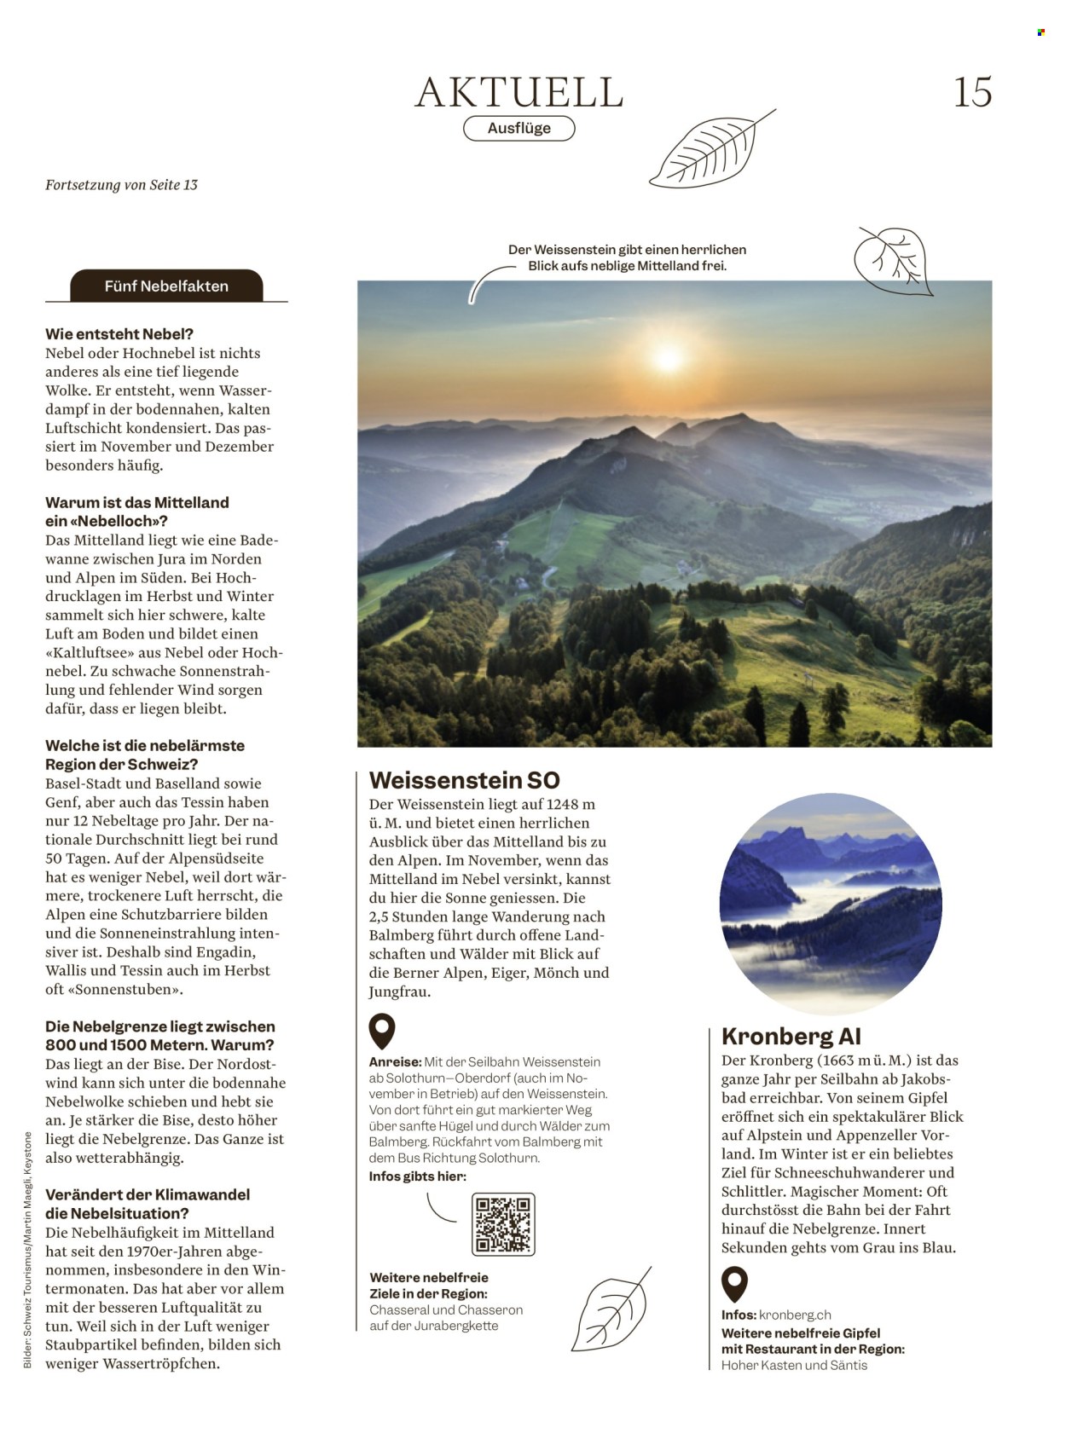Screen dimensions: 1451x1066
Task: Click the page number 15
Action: point(972,92)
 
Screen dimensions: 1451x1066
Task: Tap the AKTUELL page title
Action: point(519,92)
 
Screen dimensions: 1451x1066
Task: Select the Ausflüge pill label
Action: point(519,129)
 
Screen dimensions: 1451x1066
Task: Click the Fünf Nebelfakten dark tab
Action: point(166,286)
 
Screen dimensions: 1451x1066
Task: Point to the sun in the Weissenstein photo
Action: point(668,358)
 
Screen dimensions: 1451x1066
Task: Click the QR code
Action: point(503,1224)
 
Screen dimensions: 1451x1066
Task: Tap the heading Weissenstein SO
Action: point(464,780)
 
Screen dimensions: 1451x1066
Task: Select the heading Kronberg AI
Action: point(791,1036)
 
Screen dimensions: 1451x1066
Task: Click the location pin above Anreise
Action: point(381,1031)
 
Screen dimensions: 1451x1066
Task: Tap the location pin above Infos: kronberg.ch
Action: point(733,1284)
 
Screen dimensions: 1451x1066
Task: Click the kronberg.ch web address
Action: point(794,1315)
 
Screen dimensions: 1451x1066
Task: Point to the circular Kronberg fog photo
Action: point(830,904)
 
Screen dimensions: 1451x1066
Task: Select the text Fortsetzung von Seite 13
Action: point(121,185)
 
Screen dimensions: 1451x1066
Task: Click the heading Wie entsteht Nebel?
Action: point(119,334)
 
